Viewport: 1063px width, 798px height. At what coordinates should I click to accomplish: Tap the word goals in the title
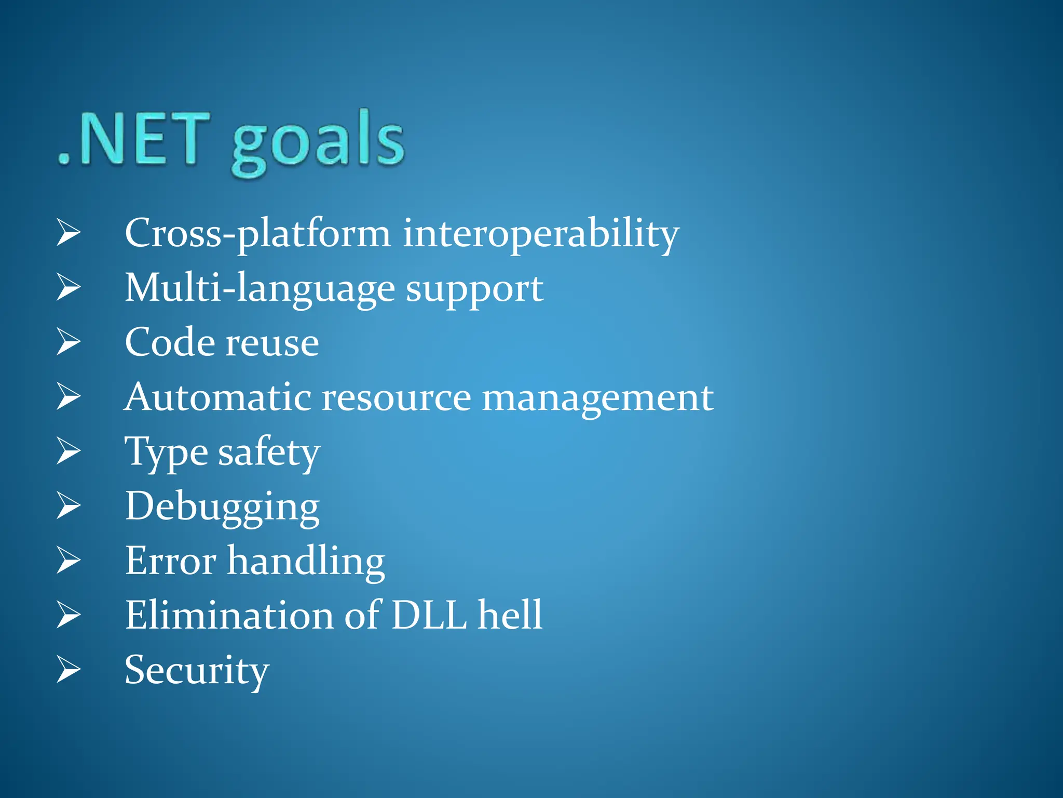click(318, 143)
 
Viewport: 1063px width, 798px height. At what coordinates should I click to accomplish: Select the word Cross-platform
click(257, 234)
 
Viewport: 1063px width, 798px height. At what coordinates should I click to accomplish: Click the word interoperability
click(540, 234)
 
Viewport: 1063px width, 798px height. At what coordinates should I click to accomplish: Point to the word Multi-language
click(260, 289)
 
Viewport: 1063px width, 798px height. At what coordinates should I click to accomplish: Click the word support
click(474, 290)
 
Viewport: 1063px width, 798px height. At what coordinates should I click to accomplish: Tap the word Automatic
click(218, 397)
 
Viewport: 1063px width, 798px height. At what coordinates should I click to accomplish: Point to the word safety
click(268, 453)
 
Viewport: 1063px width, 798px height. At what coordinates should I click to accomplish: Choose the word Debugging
click(222, 508)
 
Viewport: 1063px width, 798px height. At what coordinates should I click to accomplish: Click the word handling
click(306, 562)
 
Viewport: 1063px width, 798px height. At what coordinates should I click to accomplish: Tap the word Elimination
click(229, 616)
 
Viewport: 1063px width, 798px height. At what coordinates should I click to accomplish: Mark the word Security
click(197, 671)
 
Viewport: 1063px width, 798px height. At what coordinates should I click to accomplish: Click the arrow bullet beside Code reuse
click(69, 342)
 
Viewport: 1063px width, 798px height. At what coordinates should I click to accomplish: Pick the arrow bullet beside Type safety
click(69, 451)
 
